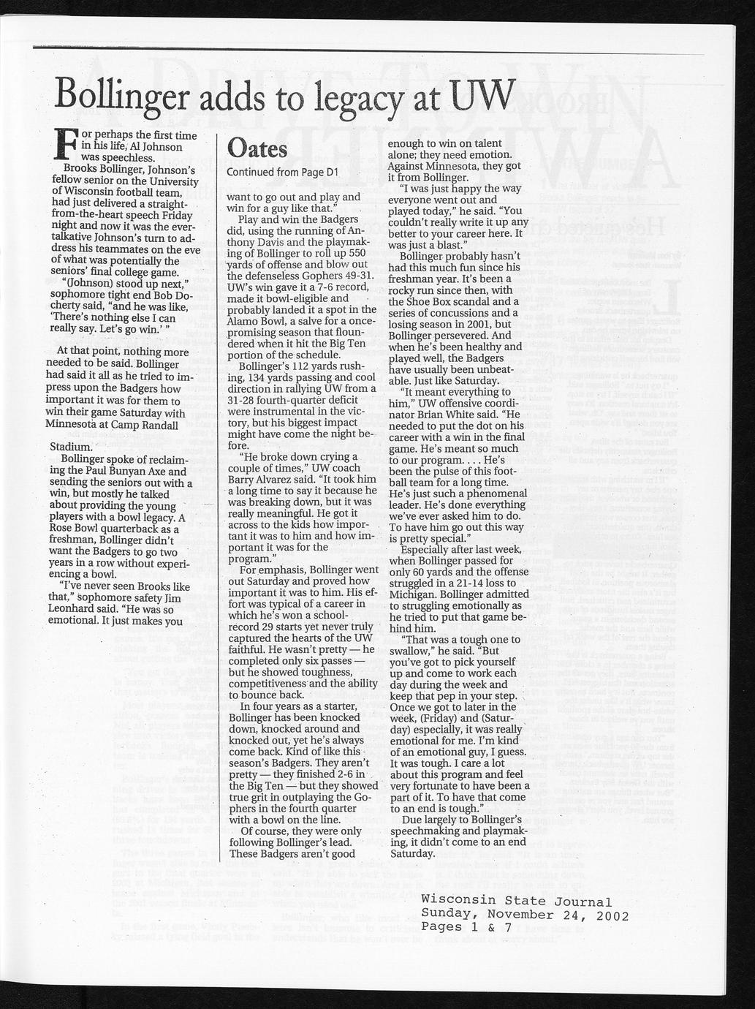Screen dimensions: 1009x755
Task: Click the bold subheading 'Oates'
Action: [257, 148]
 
